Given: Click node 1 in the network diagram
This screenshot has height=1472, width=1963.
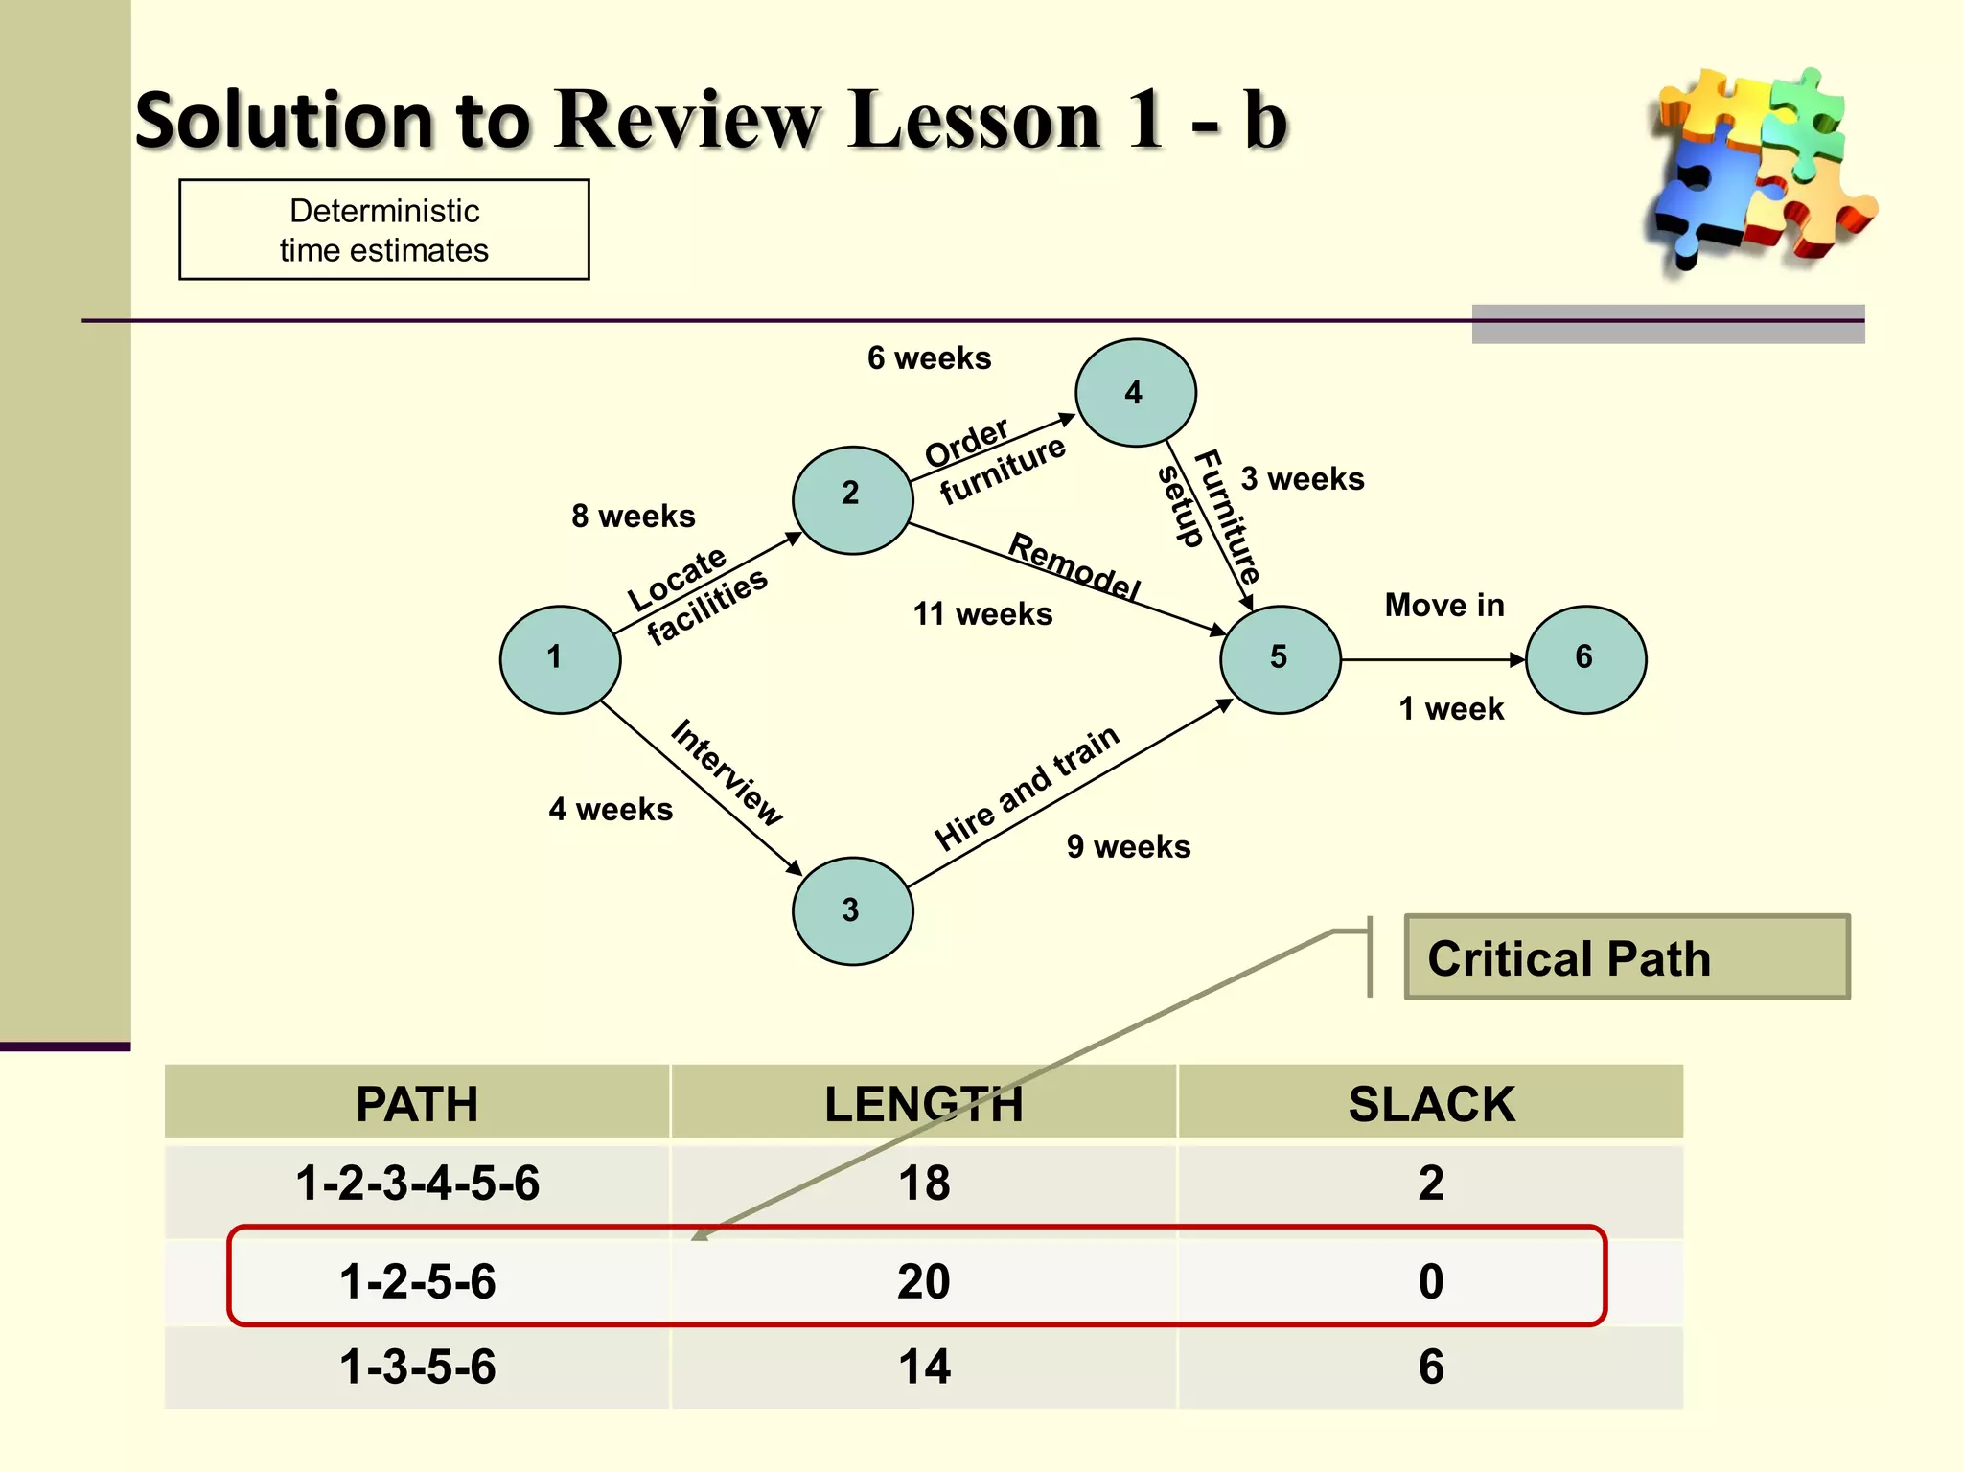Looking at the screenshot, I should [560, 659].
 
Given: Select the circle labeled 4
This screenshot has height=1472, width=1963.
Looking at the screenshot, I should [1135, 393].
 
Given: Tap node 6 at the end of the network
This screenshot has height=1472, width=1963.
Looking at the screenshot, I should [1585, 659].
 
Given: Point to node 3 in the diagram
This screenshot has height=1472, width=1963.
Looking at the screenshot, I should [852, 910].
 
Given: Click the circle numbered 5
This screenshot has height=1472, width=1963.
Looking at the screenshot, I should [1280, 659].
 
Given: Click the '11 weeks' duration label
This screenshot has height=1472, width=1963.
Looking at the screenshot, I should [982, 614].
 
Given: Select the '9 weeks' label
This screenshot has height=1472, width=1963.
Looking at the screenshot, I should [1128, 847].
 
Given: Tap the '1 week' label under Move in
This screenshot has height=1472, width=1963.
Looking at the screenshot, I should [1451, 709].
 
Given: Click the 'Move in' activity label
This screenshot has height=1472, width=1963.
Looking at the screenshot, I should [1444, 606].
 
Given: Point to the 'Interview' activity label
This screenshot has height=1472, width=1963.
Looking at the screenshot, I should [727, 772].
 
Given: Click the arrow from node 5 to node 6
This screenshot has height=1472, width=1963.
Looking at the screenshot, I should [1433, 659].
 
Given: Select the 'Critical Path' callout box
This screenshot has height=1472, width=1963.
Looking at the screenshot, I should [1627, 957].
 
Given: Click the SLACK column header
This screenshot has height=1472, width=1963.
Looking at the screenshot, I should [1431, 1104].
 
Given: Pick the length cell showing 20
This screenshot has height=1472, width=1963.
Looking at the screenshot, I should [924, 1281].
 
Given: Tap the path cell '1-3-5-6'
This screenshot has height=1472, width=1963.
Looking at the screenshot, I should [418, 1367].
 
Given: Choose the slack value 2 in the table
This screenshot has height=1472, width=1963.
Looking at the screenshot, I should [1431, 1184].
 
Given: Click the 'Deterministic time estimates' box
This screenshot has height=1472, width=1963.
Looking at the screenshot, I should [384, 230].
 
